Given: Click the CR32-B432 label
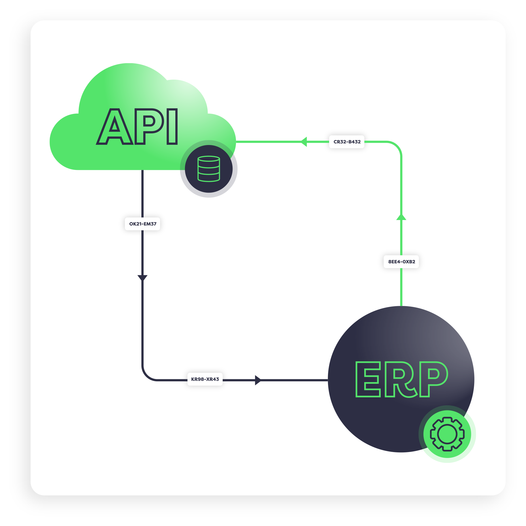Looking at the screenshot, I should (347, 142).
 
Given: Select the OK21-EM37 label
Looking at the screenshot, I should (142, 224).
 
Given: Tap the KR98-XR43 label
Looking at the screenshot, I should (205, 379).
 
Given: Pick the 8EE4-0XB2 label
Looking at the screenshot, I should (401, 261).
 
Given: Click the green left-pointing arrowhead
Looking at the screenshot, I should (304, 142).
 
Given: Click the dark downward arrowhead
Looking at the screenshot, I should (142, 278).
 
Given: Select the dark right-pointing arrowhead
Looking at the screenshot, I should (258, 380).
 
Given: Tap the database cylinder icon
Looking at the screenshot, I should (209, 169).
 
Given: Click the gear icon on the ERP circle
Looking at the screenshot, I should (447, 434).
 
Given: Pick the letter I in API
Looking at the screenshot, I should (172, 126).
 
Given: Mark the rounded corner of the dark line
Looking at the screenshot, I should (147, 376).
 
